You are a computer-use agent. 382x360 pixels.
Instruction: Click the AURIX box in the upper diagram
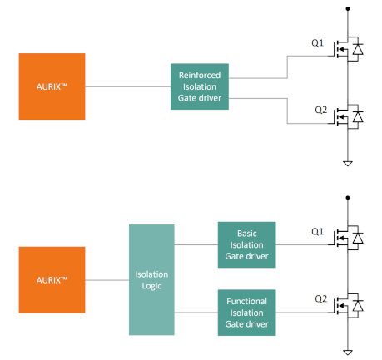52,86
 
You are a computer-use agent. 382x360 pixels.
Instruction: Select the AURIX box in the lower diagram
52,280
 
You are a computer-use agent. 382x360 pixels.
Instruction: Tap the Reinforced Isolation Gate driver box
200,86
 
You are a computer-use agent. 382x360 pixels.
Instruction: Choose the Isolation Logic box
151,280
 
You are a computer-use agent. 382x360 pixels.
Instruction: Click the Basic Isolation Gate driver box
246,244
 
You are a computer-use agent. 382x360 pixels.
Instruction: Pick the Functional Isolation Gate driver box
246,313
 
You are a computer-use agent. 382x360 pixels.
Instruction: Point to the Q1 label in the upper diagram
317,43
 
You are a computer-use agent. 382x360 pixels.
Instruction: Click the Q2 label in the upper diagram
320,110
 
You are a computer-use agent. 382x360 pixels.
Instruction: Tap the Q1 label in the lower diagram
317,232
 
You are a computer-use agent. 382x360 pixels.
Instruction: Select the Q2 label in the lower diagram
320,299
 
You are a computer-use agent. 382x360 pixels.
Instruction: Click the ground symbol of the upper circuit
348,164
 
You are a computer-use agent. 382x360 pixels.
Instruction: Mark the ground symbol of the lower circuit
348,353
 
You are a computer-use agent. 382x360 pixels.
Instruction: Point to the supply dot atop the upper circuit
348,9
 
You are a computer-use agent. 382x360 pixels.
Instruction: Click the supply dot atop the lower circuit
348,198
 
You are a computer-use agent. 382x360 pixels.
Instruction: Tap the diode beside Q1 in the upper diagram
358,49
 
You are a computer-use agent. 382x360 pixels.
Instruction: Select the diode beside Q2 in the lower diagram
358,306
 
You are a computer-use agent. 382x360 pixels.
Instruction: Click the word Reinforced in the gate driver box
200,75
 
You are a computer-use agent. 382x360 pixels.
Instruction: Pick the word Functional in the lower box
246,301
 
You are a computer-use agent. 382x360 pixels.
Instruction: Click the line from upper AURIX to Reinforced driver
128,86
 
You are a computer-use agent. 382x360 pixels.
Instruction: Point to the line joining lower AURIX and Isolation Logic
107,280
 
